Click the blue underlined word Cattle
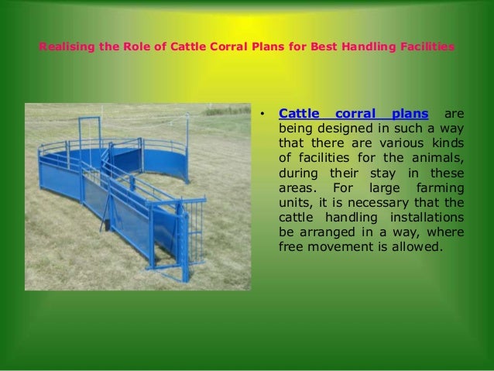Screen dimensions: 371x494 tap(298, 115)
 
